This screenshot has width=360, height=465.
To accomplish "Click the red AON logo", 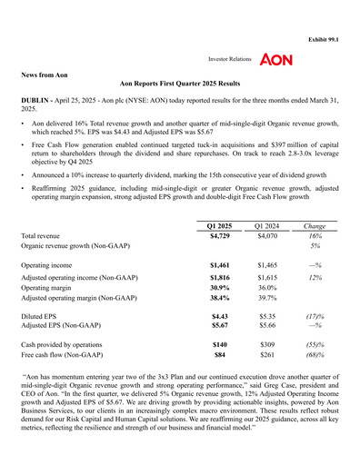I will pyautogui.click(x=275, y=59).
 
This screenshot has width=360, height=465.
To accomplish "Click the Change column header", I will pyautogui.click(x=315, y=224).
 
